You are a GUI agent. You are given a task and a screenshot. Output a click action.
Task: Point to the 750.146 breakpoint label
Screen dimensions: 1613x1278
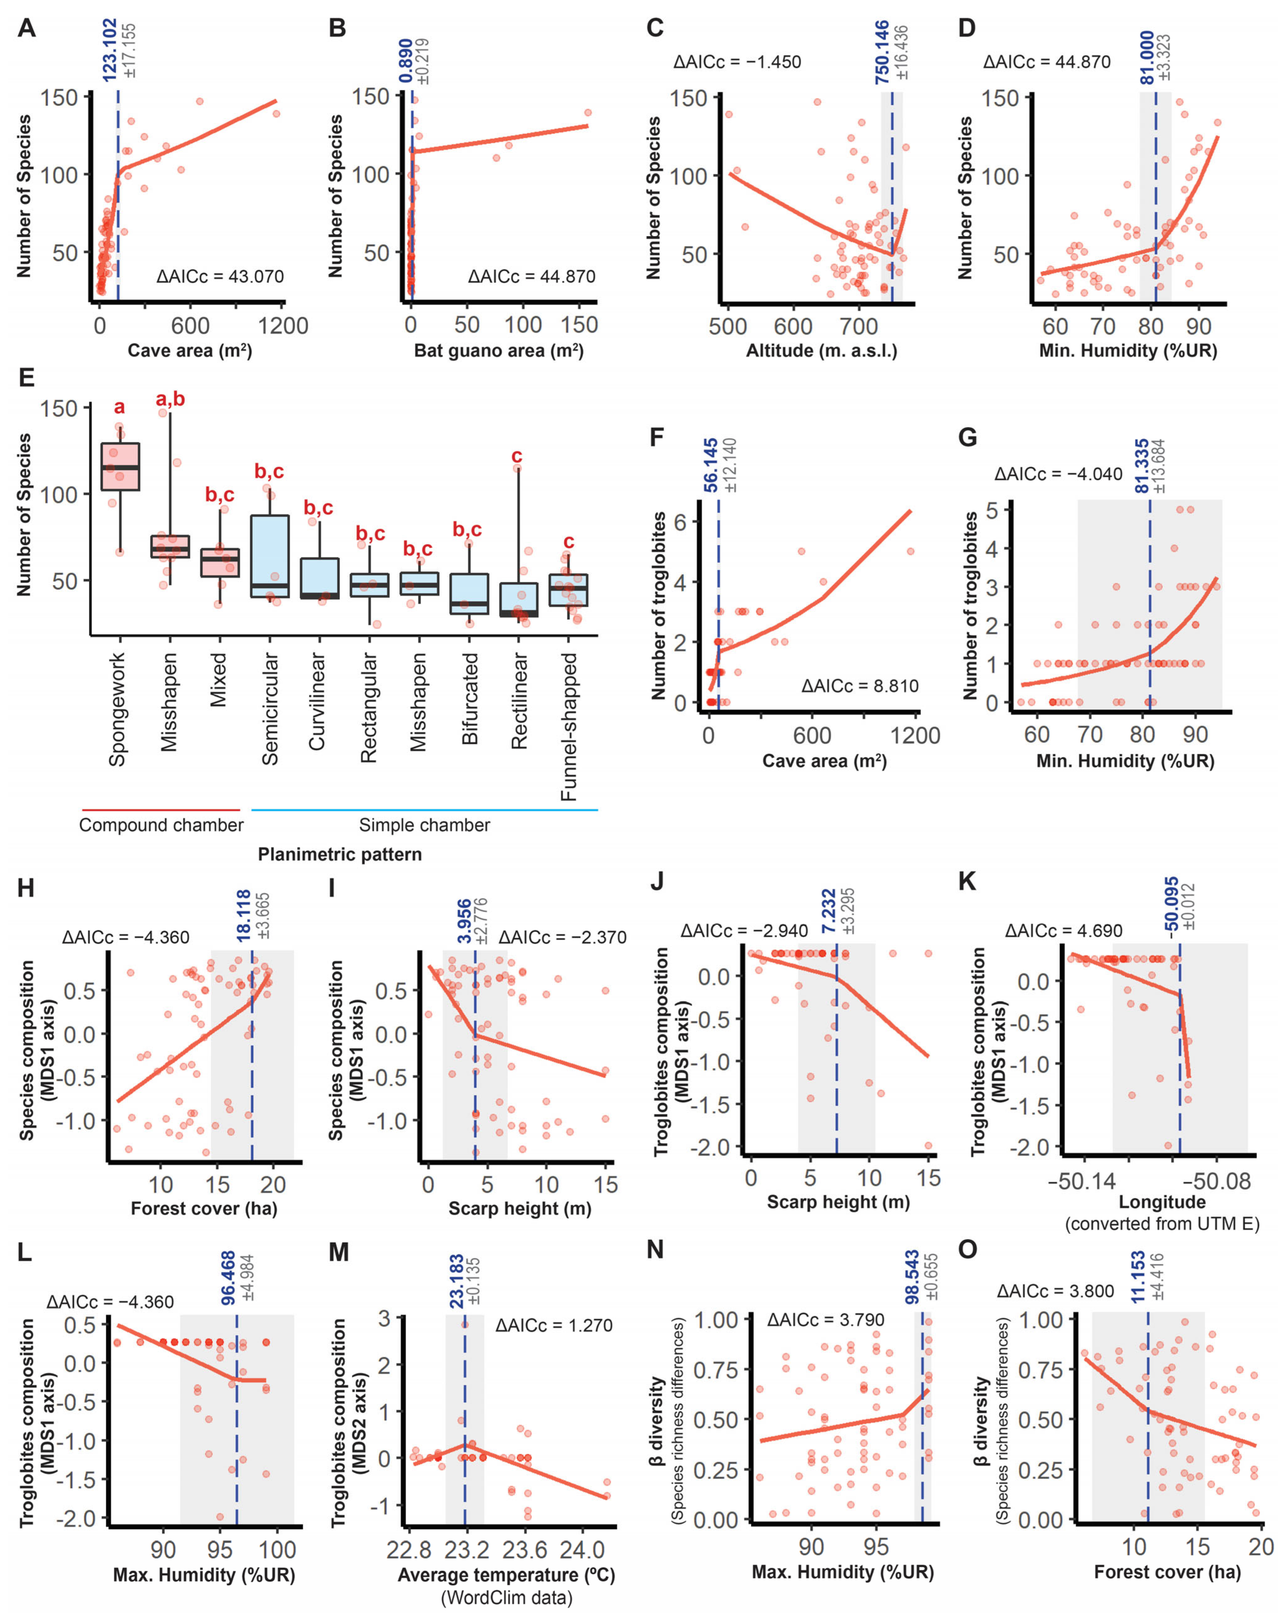coord(882,52)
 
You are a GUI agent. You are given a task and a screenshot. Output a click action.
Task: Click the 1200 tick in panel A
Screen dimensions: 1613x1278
coord(283,326)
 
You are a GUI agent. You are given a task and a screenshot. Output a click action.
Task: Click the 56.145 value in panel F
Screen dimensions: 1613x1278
coord(710,465)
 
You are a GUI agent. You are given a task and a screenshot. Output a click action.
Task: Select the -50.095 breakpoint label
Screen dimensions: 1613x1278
coord(1172,904)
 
